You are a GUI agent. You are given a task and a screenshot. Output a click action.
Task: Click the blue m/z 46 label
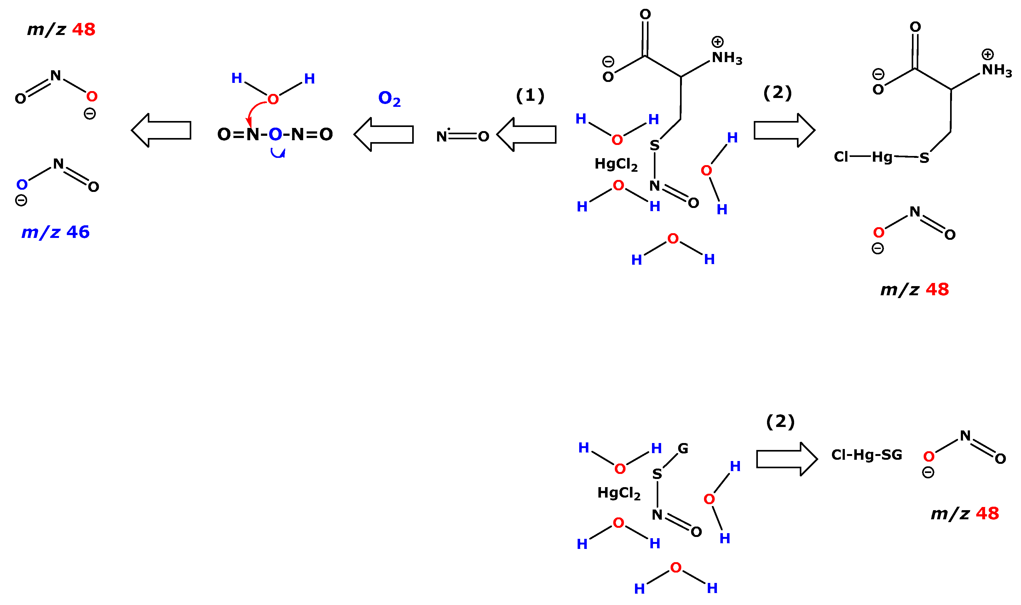click(x=55, y=232)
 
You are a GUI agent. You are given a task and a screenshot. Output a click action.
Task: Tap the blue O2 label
click(x=389, y=99)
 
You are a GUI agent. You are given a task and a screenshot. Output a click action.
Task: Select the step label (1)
click(x=530, y=96)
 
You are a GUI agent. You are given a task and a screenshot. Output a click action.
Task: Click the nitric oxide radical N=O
click(x=462, y=136)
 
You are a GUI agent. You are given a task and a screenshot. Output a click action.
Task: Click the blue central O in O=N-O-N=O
click(x=275, y=134)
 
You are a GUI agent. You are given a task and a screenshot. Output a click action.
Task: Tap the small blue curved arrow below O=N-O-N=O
click(x=278, y=153)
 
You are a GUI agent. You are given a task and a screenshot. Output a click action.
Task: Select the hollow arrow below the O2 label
click(x=384, y=135)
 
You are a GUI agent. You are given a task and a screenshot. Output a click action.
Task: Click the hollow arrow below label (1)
click(x=526, y=135)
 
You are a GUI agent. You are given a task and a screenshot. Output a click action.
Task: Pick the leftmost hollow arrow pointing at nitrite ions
click(x=161, y=130)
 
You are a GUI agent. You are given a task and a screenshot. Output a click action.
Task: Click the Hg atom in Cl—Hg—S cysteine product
click(x=882, y=157)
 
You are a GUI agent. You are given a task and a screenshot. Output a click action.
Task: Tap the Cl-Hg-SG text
click(x=867, y=455)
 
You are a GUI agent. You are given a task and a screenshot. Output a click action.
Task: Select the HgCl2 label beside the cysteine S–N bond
click(x=616, y=164)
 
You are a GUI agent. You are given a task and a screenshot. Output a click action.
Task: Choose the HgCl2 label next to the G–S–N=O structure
click(x=619, y=493)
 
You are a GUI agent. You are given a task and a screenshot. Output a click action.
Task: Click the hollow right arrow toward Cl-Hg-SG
click(x=787, y=459)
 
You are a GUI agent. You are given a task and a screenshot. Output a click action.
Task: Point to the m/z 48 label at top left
click(x=61, y=30)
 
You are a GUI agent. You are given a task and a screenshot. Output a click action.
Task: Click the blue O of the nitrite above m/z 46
click(x=22, y=185)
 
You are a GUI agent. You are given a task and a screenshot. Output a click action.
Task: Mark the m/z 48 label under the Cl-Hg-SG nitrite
click(x=965, y=514)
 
